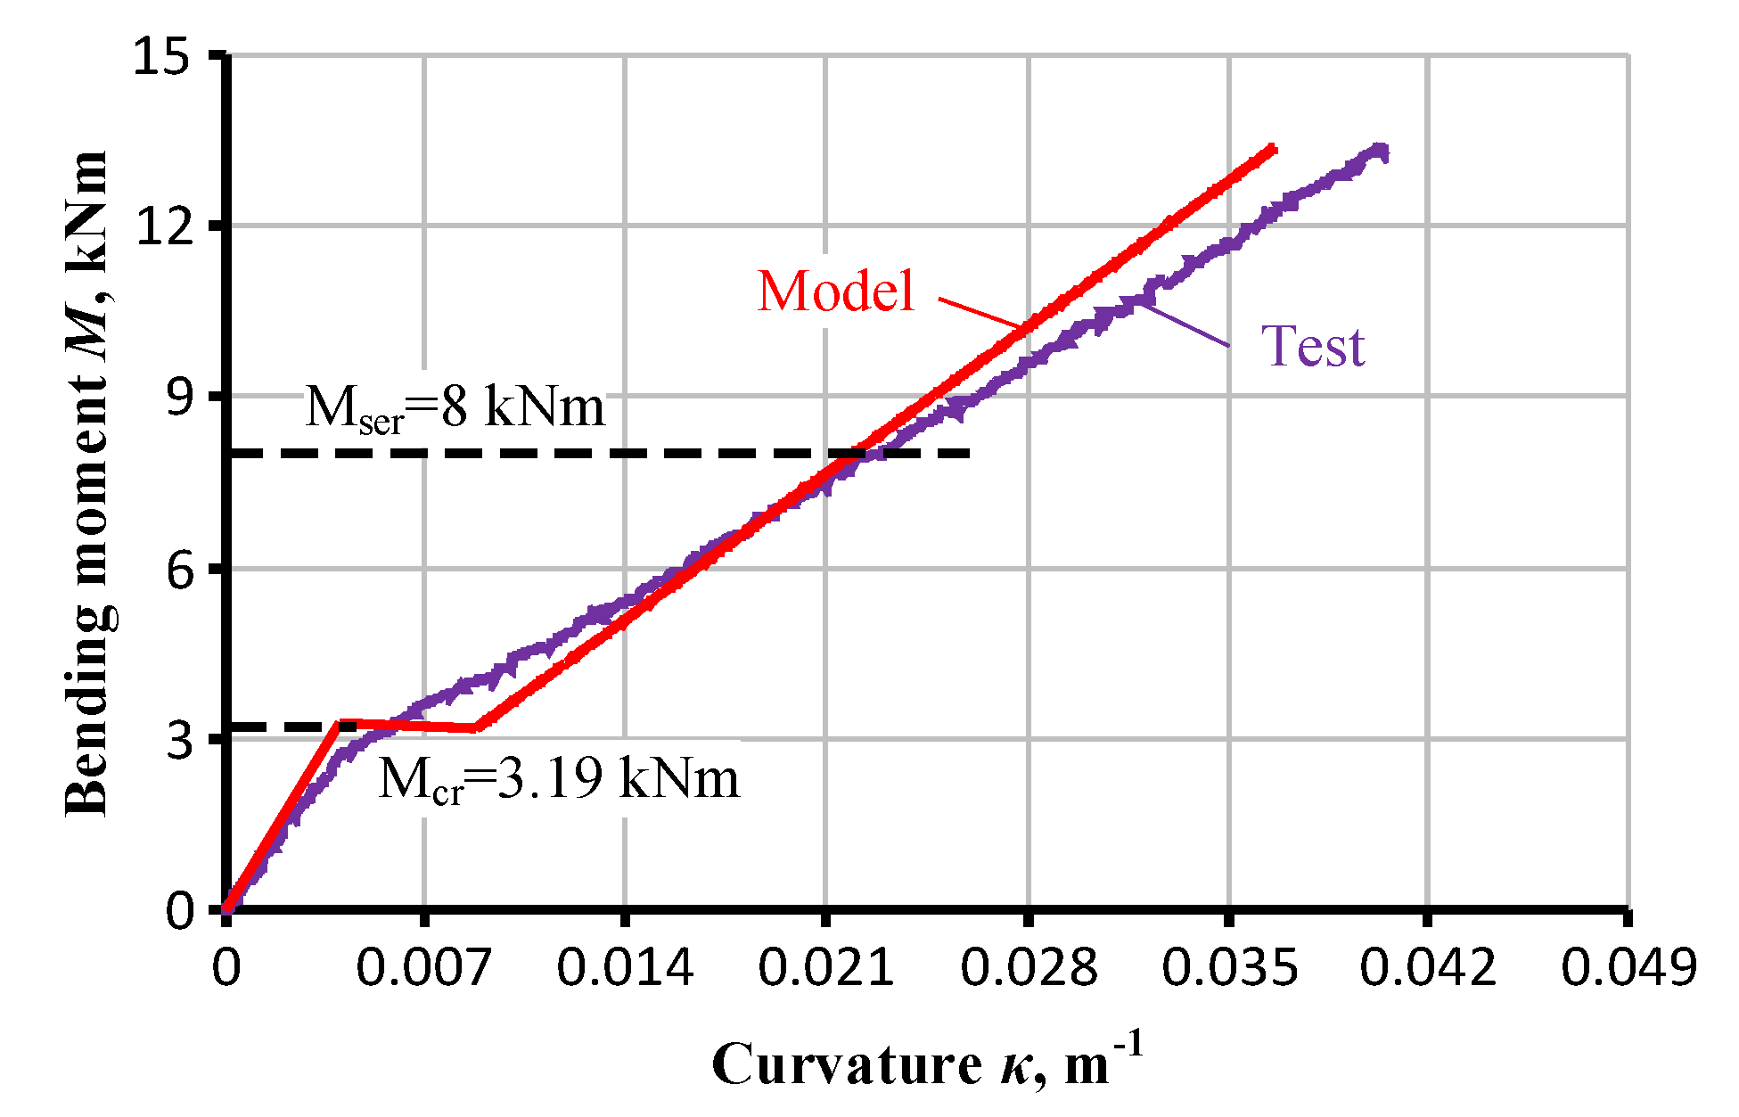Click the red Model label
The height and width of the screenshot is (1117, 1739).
[836, 292]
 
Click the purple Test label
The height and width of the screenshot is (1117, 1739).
[1313, 347]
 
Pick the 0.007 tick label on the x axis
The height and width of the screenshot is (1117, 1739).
[423, 967]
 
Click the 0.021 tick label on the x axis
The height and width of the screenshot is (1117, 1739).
[825, 967]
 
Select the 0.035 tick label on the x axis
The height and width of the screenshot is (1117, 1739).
[1229, 967]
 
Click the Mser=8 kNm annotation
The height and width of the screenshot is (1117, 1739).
[455, 409]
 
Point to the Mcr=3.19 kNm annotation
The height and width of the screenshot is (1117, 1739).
[559, 779]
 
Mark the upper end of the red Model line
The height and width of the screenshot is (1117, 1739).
[1274, 149]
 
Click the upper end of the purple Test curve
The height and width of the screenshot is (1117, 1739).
[1382, 152]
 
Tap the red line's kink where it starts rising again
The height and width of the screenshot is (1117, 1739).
[478, 728]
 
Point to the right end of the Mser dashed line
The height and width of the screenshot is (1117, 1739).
[969, 454]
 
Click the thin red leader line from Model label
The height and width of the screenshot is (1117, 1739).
[980, 312]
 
